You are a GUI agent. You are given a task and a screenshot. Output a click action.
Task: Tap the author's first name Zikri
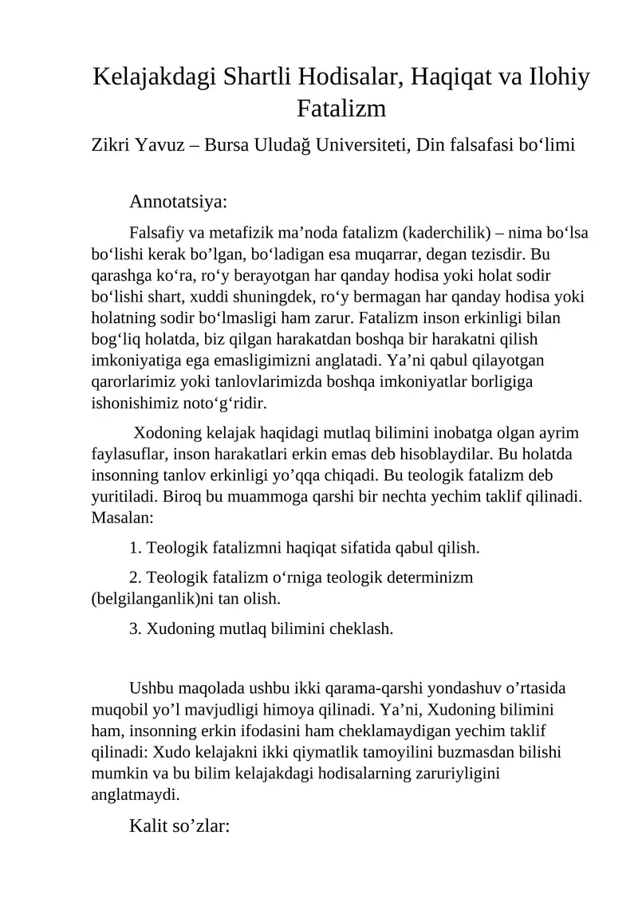click(x=112, y=145)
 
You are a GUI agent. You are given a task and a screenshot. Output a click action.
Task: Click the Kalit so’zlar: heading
click(x=179, y=825)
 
